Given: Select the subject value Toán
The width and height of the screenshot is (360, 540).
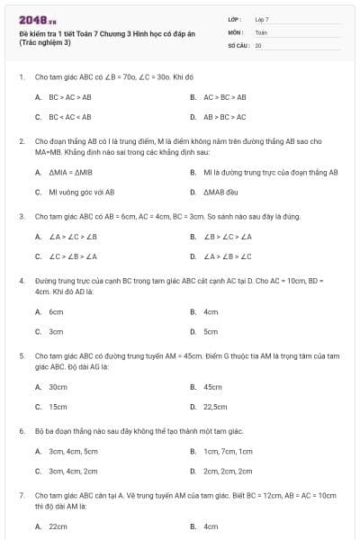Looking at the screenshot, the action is tap(261, 31).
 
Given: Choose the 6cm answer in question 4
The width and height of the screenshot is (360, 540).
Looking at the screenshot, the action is tap(56, 311).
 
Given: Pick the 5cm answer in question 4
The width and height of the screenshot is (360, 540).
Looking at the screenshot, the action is tap(211, 332).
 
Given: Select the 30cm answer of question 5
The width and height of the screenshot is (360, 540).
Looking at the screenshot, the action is tap(58, 387).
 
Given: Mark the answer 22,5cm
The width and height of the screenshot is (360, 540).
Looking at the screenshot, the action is tap(215, 407).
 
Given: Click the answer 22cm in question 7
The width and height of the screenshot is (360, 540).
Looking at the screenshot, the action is tap(58, 526).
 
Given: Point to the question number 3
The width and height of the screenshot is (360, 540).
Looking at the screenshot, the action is tap(21, 217).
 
